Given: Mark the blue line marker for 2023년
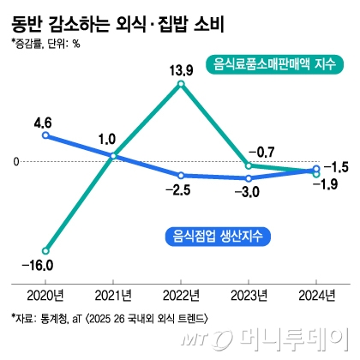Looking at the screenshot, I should [x=249, y=178].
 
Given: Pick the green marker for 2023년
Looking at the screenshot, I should [x=249, y=165].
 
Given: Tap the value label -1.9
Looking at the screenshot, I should [x=329, y=183].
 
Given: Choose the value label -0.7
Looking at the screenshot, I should [x=261, y=151].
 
